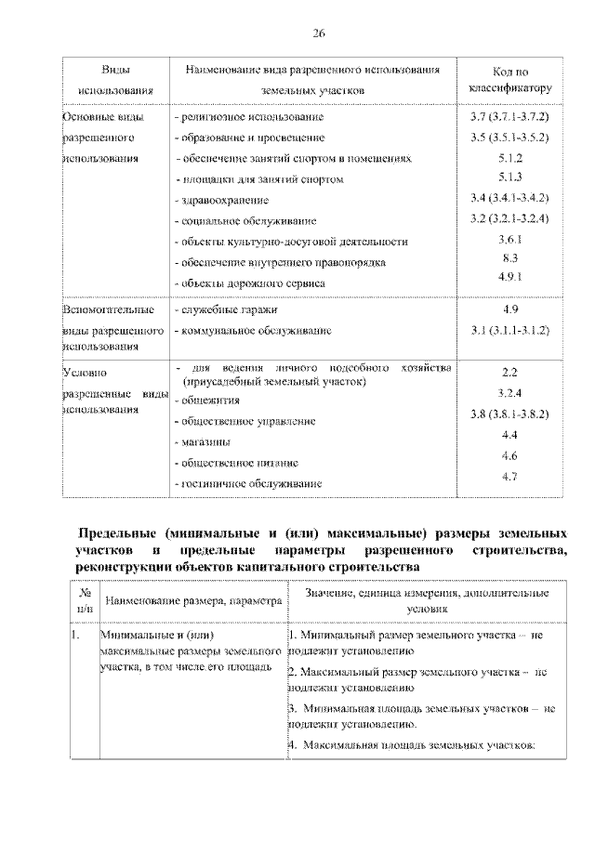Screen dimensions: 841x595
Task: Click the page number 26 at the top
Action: tap(317, 33)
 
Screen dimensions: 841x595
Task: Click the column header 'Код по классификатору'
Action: tap(509, 80)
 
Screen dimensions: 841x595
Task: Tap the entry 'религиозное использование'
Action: tap(250, 118)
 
